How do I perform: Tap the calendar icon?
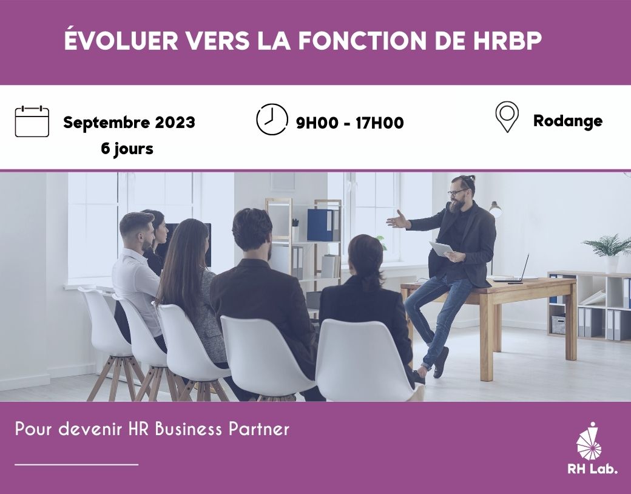coord(32,121)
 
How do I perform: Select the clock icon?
coord(272,119)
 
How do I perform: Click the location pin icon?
coord(507,117)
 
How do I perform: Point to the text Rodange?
coord(568,121)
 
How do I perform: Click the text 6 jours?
coord(127,149)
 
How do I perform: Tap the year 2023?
coord(175,122)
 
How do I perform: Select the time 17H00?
coord(379,123)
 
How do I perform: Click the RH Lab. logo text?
coord(592,469)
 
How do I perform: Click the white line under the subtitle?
coord(76,465)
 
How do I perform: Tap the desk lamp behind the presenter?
coord(495,210)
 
